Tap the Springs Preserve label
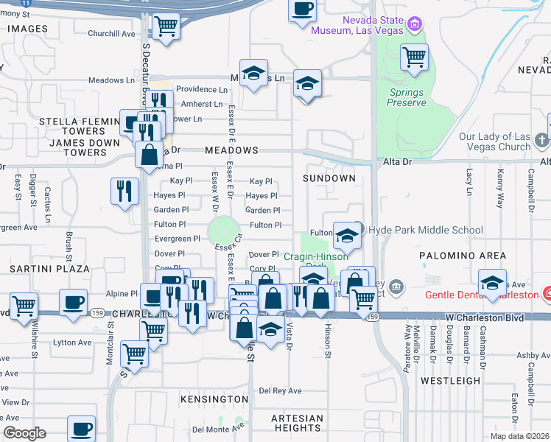tap(407, 97)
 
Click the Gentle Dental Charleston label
tap(482, 295)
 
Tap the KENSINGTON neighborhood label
tap(214, 399)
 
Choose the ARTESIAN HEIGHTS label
tap(297, 423)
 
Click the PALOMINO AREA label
tap(463, 255)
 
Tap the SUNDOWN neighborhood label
tap(329, 178)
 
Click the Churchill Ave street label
tap(111, 33)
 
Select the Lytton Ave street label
tap(72, 343)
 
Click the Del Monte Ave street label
tap(218, 428)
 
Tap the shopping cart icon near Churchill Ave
tap(166, 27)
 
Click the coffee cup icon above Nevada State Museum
tap(302, 10)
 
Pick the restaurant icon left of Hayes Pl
tap(124, 191)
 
